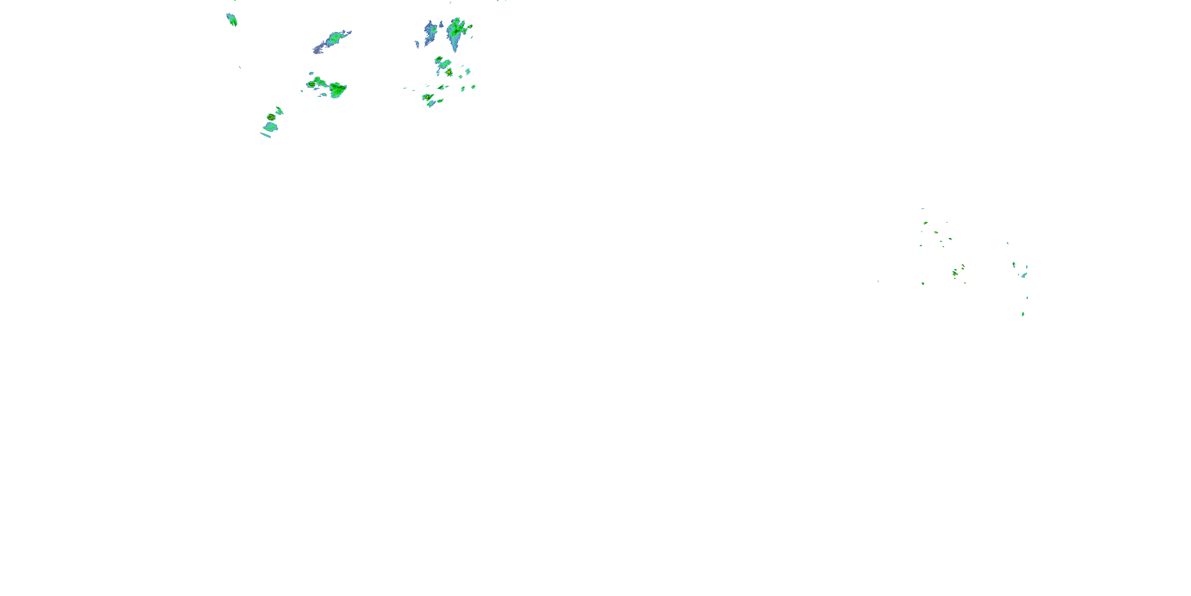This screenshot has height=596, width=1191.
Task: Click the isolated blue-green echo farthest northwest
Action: point(231,20)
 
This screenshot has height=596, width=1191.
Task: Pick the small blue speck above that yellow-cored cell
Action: point(311,73)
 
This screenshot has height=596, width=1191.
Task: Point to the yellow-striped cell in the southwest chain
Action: point(271,117)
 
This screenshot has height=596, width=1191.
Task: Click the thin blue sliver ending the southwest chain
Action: point(265,135)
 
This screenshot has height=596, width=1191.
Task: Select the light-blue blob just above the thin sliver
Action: point(270,126)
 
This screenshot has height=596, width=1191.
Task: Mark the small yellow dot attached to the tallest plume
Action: point(470,27)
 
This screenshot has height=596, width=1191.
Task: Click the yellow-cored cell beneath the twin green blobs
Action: point(449,72)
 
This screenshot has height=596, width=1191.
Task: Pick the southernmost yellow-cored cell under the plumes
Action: point(428,97)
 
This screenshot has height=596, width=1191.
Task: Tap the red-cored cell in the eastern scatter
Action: point(955,273)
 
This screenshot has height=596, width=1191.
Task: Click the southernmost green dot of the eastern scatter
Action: point(1023,314)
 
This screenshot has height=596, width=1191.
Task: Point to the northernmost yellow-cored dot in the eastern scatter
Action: point(925,223)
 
